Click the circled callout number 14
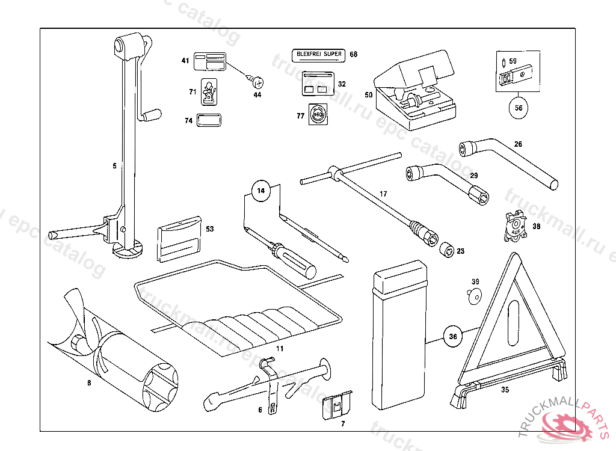260,191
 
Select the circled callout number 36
453,337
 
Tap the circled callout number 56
518,108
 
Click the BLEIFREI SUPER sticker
318,55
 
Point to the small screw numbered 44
256,80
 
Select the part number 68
353,55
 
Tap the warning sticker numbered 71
209,91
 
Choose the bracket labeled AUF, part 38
513,227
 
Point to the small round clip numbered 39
475,295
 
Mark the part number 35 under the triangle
505,389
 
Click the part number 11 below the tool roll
279,348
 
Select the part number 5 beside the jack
114,165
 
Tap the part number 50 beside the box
368,94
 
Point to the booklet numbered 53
179,239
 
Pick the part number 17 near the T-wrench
383,194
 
